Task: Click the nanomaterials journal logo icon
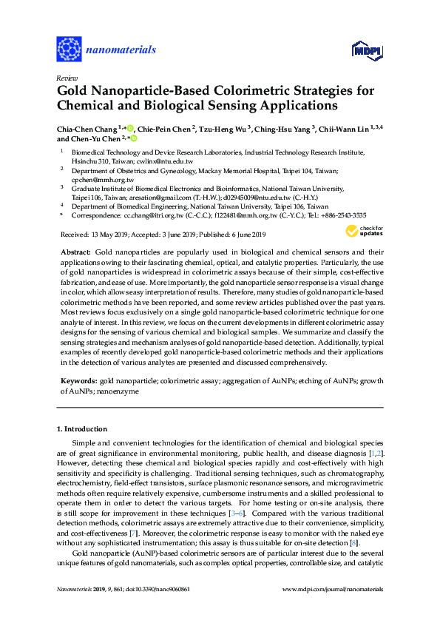coord(69,50)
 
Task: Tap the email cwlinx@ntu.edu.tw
coord(167,161)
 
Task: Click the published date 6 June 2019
coord(245,235)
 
